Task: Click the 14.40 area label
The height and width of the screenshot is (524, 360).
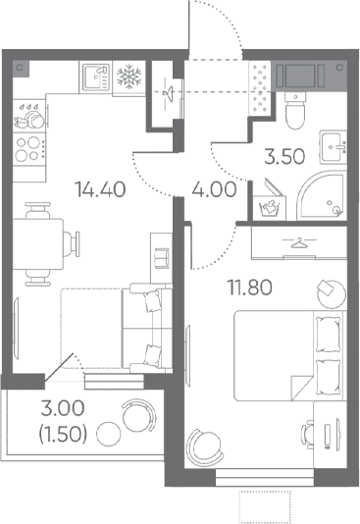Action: point(100,189)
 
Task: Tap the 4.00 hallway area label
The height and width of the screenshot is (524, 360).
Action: point(215,189)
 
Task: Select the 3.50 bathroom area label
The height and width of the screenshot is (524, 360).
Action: point(284,156)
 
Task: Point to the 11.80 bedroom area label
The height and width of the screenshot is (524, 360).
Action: point(250,288)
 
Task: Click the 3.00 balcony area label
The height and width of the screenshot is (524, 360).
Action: point(63,408)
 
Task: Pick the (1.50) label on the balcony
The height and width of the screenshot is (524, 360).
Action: point(63,434)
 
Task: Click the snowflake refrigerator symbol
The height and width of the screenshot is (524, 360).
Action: point(129,77)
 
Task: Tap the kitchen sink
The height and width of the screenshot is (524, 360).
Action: point(96,78)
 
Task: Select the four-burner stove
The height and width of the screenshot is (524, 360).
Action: point(29,149)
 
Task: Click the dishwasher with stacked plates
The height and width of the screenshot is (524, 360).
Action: point(29,115)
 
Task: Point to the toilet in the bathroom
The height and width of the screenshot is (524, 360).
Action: point(295,110)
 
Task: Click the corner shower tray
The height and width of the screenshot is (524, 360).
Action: point(322,195)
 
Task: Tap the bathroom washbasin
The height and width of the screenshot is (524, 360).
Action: point(334,147)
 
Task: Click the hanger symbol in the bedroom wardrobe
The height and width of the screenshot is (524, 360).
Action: point(299,243)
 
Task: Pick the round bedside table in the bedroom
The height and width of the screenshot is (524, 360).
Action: point(332,294)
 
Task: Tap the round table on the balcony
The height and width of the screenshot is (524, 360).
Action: point(108,434)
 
